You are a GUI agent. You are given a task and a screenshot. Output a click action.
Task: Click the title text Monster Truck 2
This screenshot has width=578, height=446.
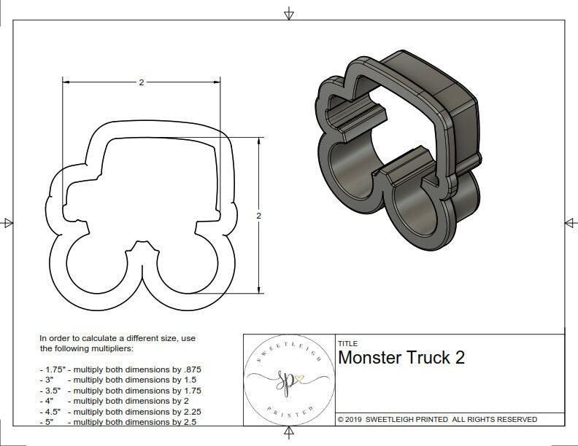[401, 358]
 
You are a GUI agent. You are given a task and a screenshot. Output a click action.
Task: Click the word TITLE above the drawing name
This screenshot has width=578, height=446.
[347, 343]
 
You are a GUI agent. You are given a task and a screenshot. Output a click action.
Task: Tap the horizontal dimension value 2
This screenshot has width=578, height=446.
[141, 82]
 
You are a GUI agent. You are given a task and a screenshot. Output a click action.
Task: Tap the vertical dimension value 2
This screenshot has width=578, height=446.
[259, 216]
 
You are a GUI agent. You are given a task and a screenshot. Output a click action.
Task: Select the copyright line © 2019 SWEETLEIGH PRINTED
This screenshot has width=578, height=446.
[437, 419]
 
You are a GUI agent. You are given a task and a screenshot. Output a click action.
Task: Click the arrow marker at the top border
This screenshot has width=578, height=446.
[289, 14]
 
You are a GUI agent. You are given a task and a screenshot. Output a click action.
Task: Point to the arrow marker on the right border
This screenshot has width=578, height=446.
[570, 222]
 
